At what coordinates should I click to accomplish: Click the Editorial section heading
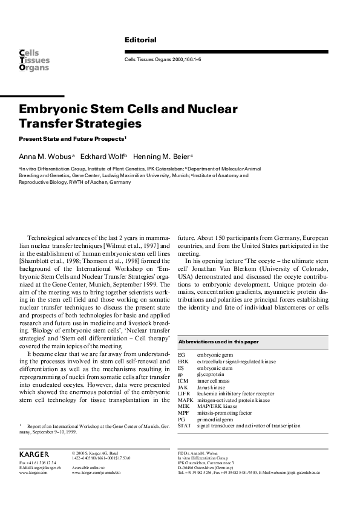point(140,40)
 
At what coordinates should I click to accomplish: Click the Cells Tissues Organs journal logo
point(34,60)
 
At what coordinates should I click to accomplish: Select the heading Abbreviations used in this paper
point(218,342)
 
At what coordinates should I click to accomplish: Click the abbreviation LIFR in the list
point(185,393)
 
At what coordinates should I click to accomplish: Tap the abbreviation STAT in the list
point(185,426)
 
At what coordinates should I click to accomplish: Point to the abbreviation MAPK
point(186,400)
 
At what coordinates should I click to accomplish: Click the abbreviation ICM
point(184,380)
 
